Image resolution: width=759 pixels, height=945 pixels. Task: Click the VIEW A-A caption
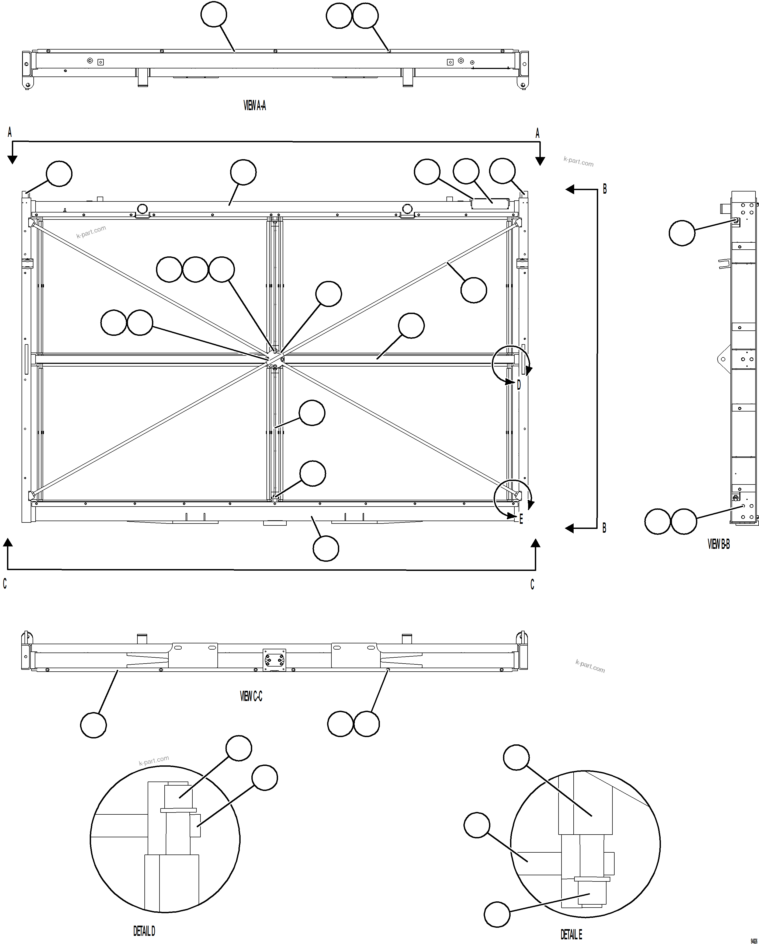[x=254, y=105]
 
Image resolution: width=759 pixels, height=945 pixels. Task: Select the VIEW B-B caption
[x=718, y=544]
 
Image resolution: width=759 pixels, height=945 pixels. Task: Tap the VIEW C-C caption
[x=251, y=696]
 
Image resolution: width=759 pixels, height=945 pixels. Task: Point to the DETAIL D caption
[x=144, y=931]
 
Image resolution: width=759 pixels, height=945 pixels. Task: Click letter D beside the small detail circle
[x=519, y=385]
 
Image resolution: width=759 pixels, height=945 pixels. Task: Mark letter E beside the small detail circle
[x=521, y=519]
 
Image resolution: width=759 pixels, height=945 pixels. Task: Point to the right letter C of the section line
[x=532, y=584]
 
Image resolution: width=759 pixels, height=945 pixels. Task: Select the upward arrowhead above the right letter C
[x=535, y=543]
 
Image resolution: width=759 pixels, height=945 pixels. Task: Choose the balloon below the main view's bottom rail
[x=326, y=548]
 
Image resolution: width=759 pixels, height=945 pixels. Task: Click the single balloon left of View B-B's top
[x=682, y=233]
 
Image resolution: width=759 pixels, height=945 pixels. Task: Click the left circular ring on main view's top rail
[x=142, y=209]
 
